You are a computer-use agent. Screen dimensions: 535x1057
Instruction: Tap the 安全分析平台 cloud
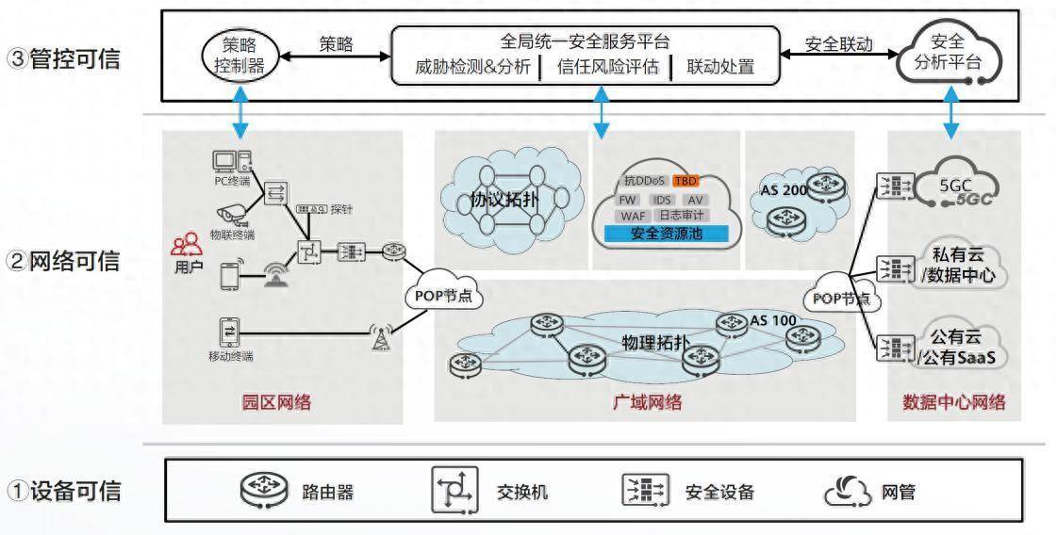[x=951, y=55]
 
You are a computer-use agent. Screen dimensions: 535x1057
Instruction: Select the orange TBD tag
[x=685, y=180]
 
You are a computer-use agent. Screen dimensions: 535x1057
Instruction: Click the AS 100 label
[x=772, y=319]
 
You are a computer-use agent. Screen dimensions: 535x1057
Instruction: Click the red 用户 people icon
[x=185, y=247]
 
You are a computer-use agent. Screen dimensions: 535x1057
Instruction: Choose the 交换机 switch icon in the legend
[x=454, y=490]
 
